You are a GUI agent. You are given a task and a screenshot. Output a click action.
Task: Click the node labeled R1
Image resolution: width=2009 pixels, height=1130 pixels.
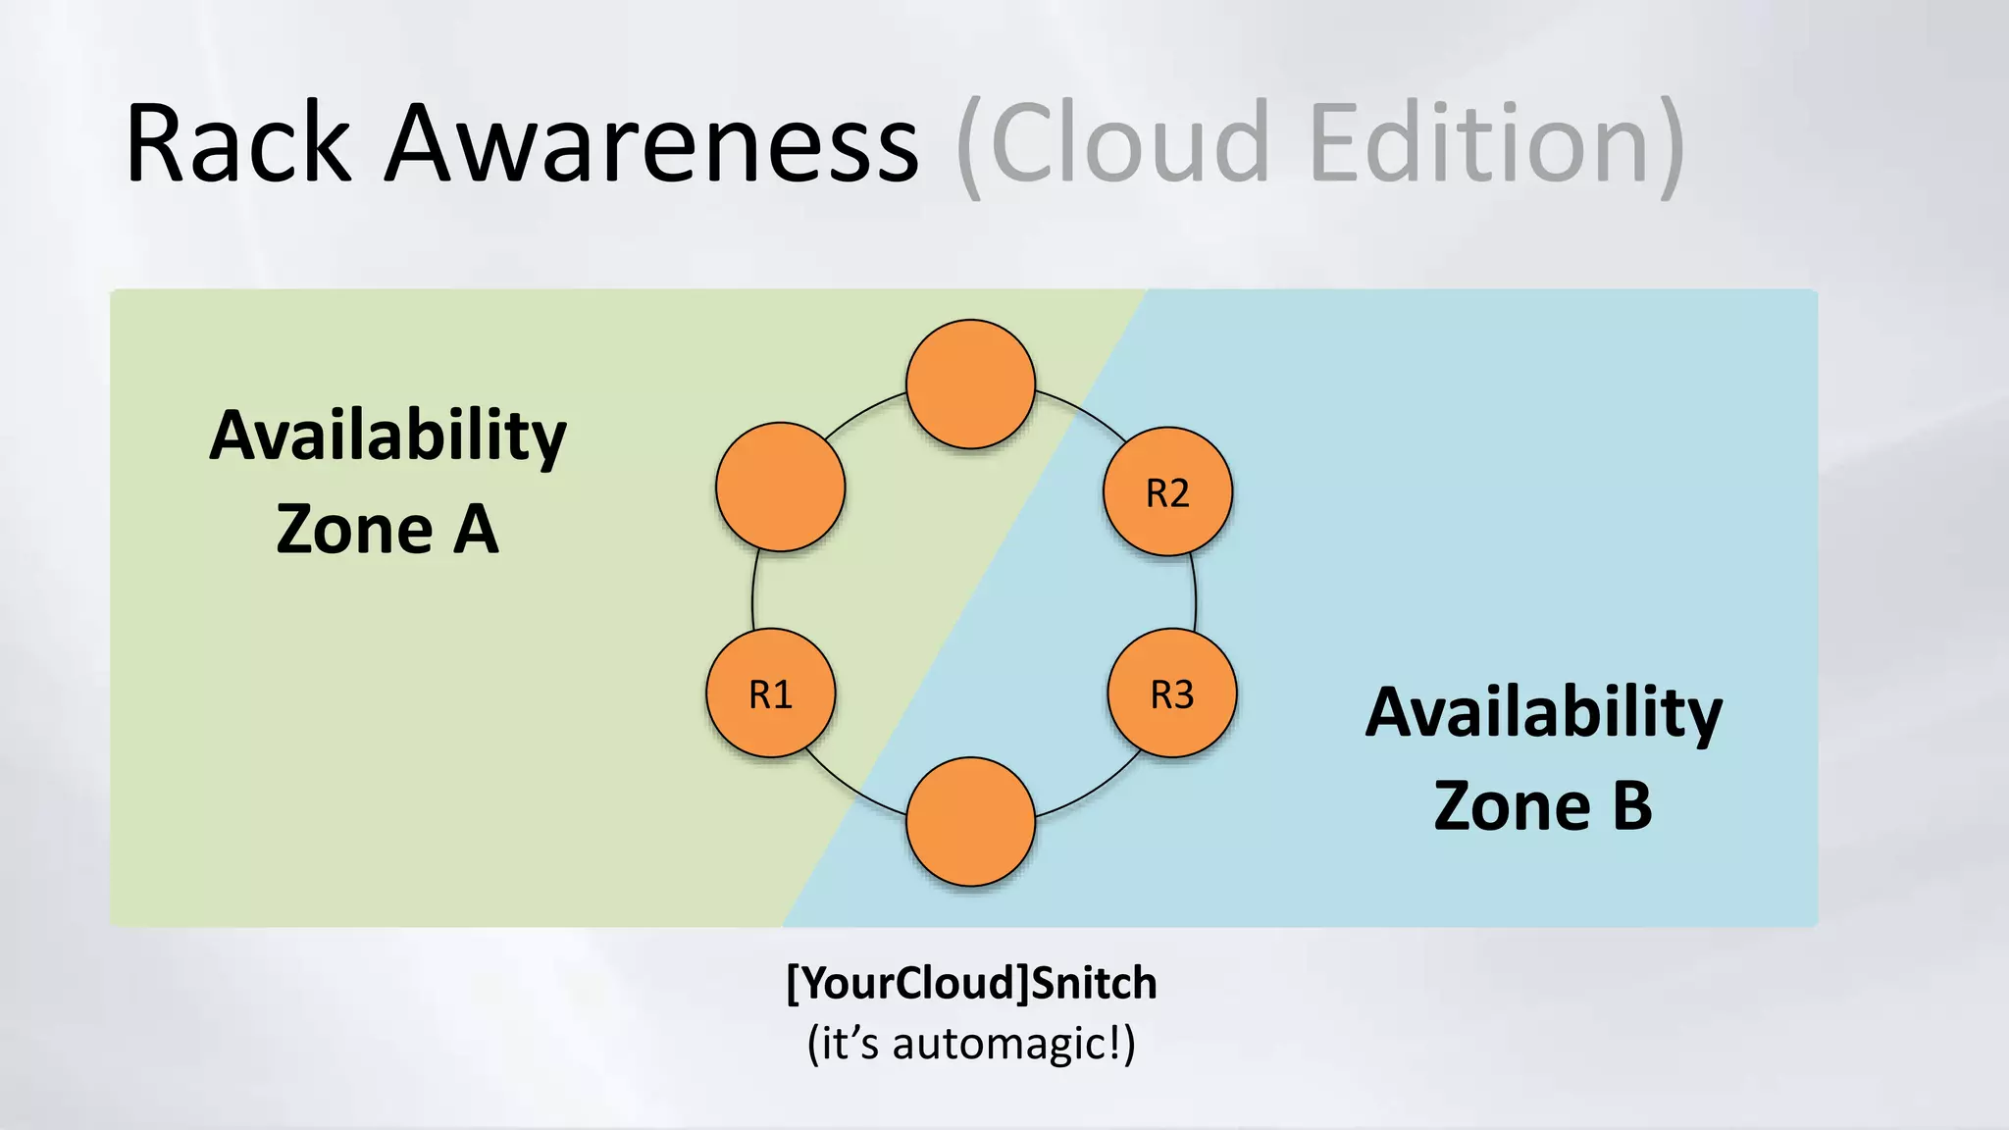(771, 693)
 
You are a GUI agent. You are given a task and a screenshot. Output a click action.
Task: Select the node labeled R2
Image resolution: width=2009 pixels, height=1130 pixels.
(1167, 491)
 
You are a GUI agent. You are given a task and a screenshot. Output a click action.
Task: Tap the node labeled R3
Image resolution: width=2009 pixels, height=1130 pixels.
(1172, 693)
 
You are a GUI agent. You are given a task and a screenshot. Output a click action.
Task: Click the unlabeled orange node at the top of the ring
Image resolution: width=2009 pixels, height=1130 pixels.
(970, 385)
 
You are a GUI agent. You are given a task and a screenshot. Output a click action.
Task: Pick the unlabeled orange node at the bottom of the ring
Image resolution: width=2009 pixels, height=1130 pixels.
(970, 822)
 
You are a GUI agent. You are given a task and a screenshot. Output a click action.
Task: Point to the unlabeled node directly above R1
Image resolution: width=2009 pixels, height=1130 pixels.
(780, 487)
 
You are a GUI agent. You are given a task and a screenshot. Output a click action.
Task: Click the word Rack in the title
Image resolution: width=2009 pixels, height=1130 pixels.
(238, 144)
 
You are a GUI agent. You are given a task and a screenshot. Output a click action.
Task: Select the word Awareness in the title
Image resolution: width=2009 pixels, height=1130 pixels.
(652, 144)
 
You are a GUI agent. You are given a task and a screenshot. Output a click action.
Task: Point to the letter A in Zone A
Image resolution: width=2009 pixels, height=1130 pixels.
(476, 530)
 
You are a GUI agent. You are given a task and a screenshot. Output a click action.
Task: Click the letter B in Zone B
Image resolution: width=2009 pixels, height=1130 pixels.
(1631, 806)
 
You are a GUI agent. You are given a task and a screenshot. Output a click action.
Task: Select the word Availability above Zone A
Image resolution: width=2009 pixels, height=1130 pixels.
(388, 436)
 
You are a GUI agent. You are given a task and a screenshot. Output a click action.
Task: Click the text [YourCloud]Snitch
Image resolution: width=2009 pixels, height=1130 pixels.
(971, 983)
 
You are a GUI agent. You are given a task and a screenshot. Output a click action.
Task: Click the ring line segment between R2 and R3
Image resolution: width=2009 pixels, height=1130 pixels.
(1195, 592)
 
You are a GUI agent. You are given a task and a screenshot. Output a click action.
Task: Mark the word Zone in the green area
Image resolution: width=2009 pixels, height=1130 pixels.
(354, 530)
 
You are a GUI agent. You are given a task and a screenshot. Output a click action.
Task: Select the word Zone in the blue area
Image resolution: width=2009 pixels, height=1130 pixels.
(1512, 806)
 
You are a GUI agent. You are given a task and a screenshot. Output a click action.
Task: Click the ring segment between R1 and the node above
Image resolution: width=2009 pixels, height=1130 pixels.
(753, 591)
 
